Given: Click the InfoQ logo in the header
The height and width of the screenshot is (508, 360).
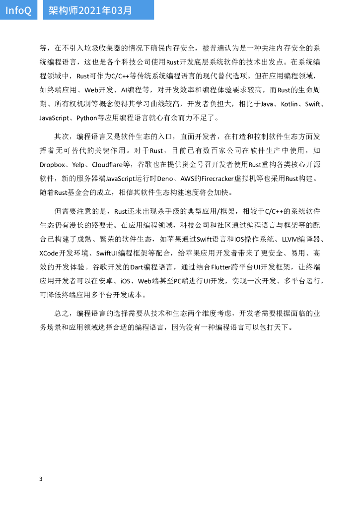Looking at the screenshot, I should click(18, 10).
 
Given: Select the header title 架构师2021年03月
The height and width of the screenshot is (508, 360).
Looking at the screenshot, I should click(90, 10).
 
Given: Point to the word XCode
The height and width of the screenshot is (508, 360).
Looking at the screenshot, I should click(49, 252).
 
